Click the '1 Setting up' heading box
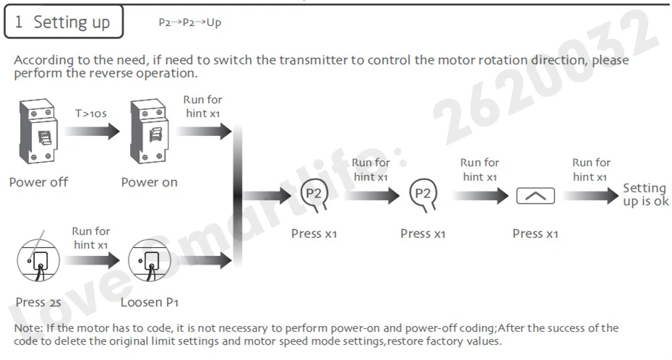coord(64,22)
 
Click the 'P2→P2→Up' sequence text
coord(189,22)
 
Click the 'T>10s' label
coord(90,113)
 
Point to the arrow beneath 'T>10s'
coord(92,132)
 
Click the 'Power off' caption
coord(38,182)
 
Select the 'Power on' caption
coord(150,182)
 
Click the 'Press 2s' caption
coord(35,302)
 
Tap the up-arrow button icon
coord(535,195)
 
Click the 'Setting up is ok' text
coord(645,194)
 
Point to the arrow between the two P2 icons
coord(372,194)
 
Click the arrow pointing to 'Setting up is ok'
coord(591,195)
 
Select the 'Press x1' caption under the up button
coord(535,234)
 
